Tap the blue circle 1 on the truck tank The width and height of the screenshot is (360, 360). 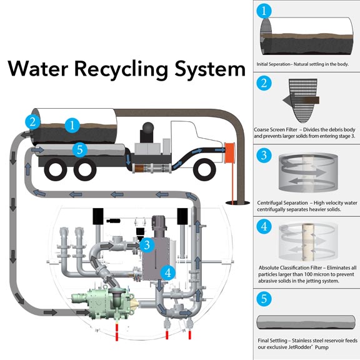72,126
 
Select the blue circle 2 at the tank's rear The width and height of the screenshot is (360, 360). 33,122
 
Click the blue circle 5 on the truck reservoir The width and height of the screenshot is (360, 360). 79,150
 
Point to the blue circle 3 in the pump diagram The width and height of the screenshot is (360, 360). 147,245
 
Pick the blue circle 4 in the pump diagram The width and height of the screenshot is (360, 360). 168,273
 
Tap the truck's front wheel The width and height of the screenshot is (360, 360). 204,169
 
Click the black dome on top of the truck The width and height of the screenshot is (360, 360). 148,128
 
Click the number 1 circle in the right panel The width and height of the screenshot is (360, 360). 264,11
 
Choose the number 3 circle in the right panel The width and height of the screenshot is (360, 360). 264,155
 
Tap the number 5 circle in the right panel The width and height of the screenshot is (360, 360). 264,299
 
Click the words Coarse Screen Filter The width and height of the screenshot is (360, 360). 276,129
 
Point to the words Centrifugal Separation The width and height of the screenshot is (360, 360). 282,203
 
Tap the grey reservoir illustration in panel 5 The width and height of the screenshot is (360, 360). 306,322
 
